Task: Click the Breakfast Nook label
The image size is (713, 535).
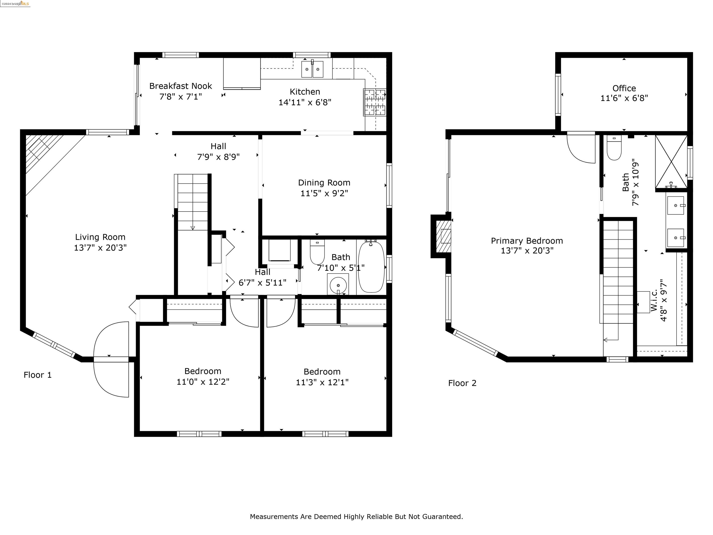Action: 181,86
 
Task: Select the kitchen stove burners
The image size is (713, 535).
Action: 375,102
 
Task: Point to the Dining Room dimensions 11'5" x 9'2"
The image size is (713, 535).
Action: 324,193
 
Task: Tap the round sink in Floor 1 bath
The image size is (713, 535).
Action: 338,284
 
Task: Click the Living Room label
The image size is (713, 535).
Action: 100,237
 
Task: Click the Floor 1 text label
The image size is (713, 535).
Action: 37,375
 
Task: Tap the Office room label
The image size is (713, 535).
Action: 624,88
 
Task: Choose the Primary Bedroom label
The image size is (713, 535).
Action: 527,241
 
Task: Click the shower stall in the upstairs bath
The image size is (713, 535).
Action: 671,162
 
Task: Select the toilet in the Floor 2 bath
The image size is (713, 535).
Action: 614,148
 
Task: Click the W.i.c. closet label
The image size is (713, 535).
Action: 654,300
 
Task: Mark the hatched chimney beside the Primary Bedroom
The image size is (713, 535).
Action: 443,236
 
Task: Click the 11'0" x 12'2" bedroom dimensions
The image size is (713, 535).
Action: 203,382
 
